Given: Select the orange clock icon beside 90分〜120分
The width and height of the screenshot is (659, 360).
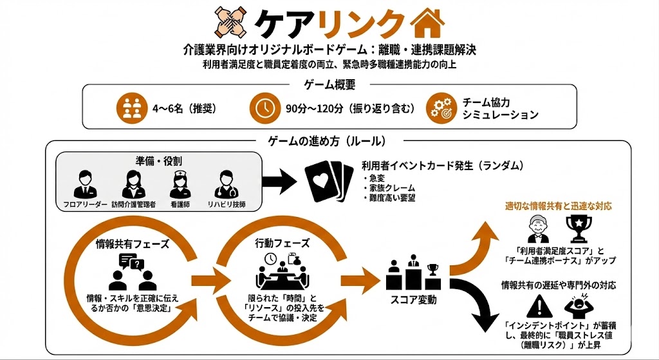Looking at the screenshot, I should [265, 108].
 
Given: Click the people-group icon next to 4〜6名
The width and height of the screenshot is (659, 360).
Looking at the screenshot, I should [131, 108].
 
